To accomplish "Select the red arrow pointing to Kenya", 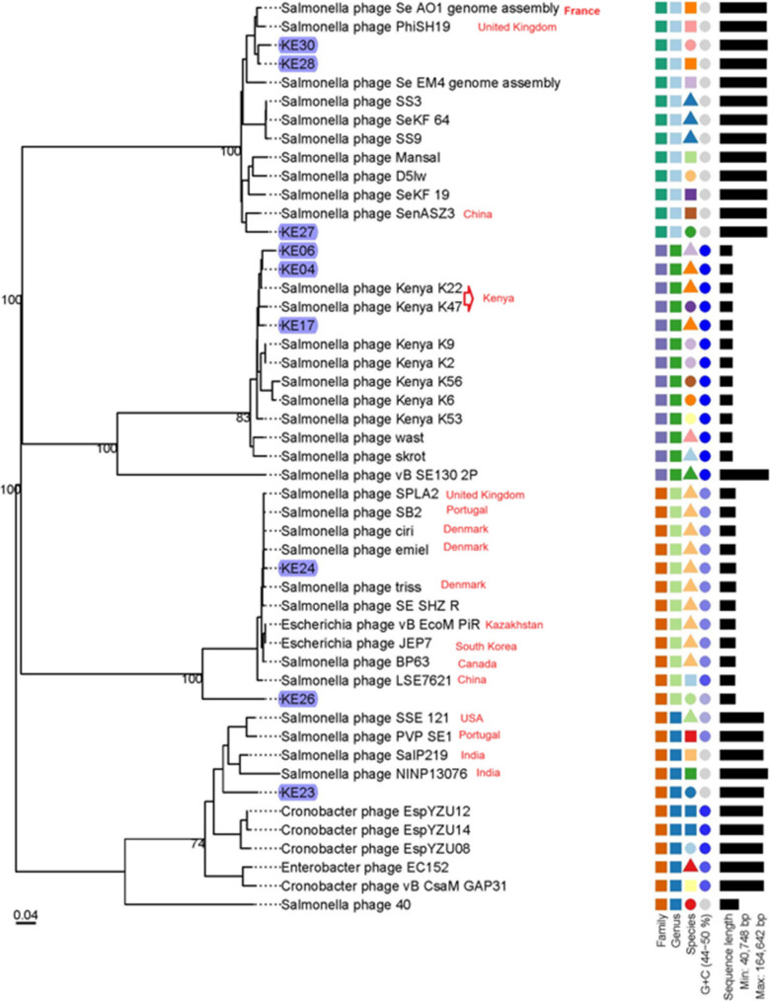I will pyautogui.click(x=469, y=296).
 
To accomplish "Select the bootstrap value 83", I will pyautogui.click(x=243, y=418).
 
